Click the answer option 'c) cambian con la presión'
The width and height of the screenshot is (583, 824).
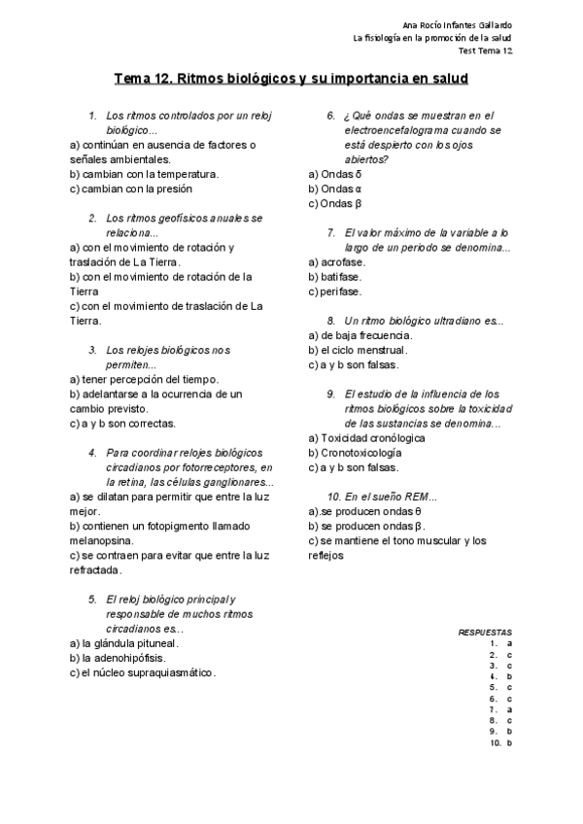(x=130, y=189)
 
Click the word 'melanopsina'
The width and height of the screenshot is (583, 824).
(x=110, y=539)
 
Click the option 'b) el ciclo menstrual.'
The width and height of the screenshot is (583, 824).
(x=358, y=350)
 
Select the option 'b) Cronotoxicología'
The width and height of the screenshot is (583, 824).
(x=354, y=452)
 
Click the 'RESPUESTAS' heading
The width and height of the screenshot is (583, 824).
(x=485, y=632)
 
